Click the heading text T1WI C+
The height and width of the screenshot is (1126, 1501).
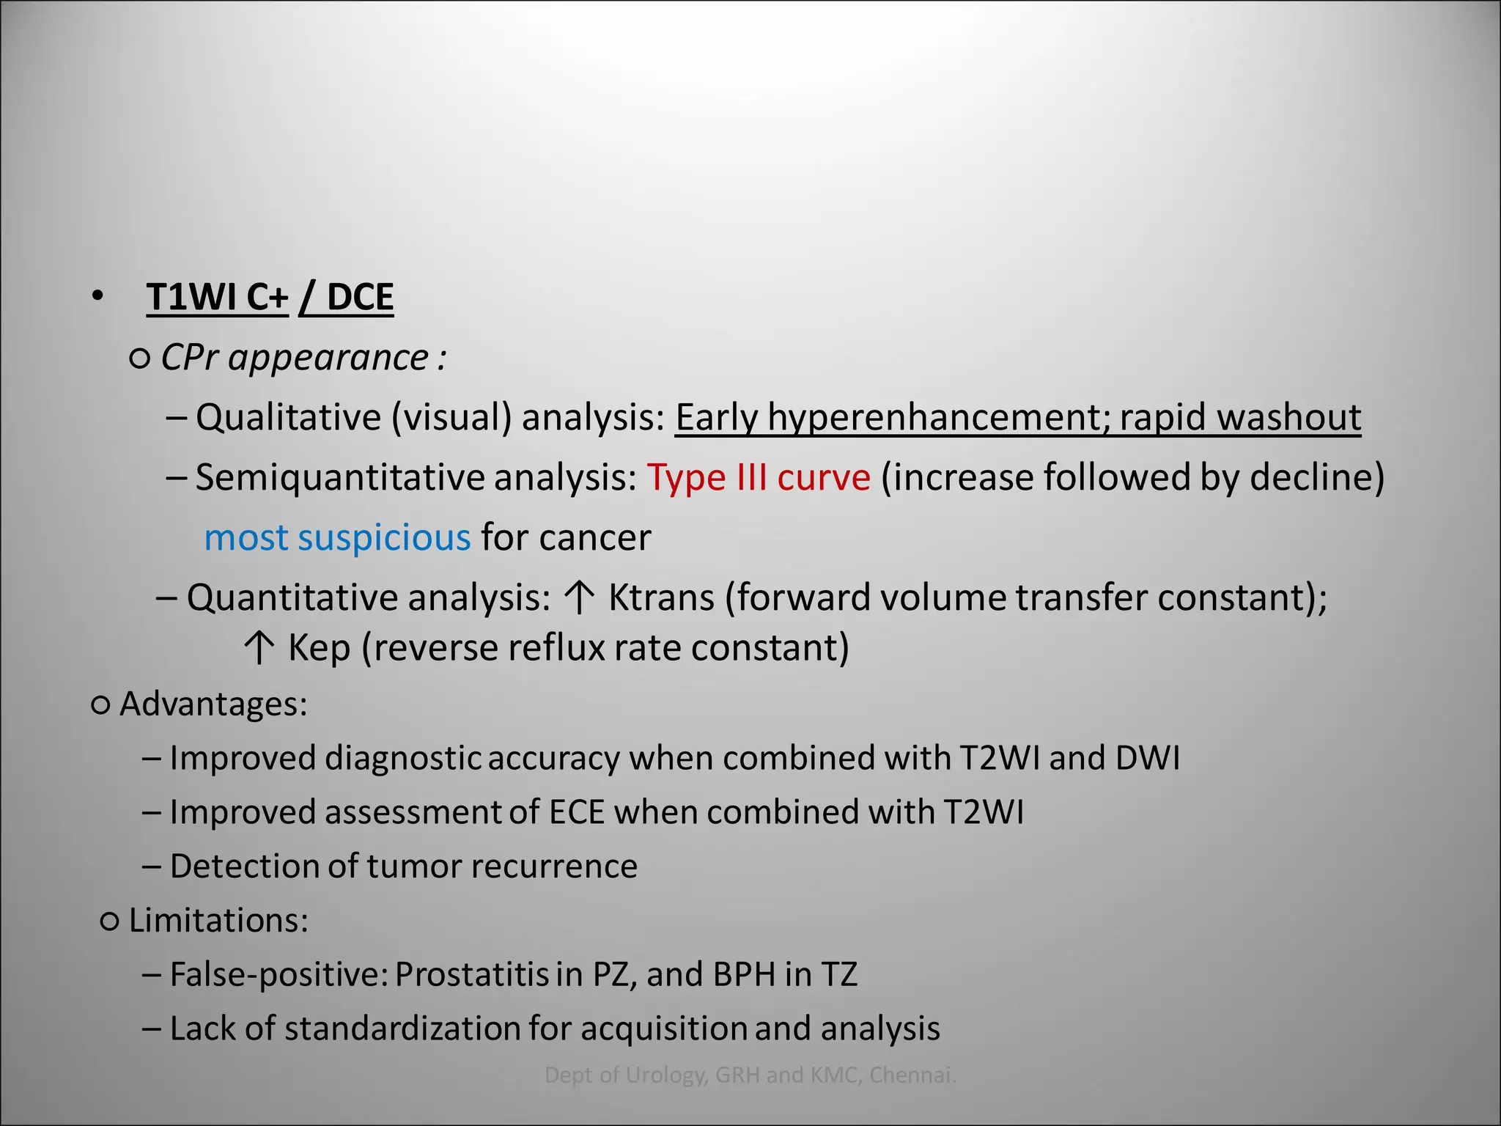point(217,297)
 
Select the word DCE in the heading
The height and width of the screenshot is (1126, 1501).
point(360,297)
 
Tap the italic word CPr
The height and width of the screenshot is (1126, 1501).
point(188,358)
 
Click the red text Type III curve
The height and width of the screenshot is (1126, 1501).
point(759,477)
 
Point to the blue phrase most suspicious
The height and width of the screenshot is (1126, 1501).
point(337,537)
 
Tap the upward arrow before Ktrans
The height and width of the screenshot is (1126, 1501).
point(580,597)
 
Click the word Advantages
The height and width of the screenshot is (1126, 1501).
point(213,704)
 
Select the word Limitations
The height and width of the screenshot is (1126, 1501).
point(218,920)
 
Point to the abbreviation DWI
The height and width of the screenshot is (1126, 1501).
point(1147,758)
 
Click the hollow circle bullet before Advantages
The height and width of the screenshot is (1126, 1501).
point(100,705)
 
